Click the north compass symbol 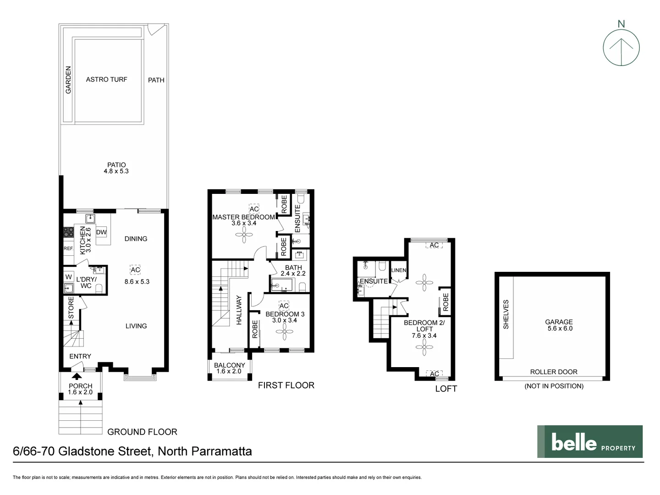click(621, 47)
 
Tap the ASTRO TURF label click(106, 79)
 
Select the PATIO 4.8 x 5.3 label click(116, 168)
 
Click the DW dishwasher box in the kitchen click(101, 232)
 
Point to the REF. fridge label click(68, 248)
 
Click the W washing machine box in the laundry click(69, 277)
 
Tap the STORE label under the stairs click(71, 308)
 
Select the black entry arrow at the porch click(75, 377)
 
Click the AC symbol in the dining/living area click(135, 270)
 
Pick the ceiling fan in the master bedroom click(244, 236)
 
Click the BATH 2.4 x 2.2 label click(293, 270)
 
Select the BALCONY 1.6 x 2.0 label click(229, 368)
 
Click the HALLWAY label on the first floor click(239, 310)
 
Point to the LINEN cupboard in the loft click(398, 270)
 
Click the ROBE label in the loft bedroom click(445, 302)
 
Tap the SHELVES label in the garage click(506, 314)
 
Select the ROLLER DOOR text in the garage click(554, 372)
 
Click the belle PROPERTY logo click(590, 442)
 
